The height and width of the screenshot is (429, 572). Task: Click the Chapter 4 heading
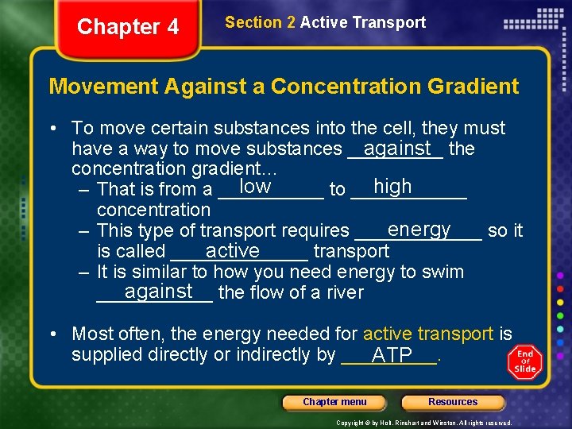click(128, 27)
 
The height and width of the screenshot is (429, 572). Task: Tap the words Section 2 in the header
click(261, 22)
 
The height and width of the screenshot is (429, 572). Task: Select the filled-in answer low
click(255, 187)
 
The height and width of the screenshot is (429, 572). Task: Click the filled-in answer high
click(392, 187)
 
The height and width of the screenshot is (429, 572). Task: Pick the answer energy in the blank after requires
click(419, 229)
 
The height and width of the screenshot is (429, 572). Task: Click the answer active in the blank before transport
click(232, 250)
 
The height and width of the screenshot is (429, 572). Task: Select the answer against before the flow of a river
click(159, 291)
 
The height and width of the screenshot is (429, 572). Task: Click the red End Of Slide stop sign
click(525, 361)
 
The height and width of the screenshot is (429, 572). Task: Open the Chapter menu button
click(334, 402)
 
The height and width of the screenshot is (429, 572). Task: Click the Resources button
click(453, 402)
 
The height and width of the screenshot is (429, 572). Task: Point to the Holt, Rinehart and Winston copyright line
click(424, 423)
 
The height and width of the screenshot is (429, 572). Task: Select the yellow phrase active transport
click(428, 334)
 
